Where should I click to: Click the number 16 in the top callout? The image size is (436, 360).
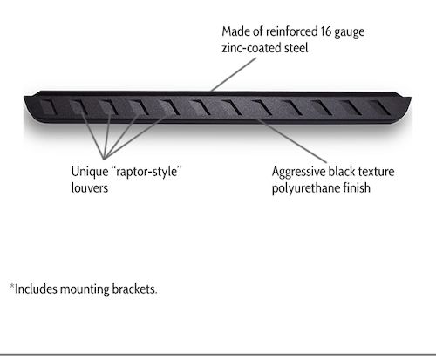[326, 31]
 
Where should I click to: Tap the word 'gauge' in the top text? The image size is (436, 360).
[350, 33]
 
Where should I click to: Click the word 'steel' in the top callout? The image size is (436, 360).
[296, 48]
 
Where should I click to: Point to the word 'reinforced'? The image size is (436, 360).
[292, 31]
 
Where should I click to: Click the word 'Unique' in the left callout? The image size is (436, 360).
[90, 172]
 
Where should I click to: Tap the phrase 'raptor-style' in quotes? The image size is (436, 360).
[146, 172]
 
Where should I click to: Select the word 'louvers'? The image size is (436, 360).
[90, 188]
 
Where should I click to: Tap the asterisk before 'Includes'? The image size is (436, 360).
[12, 286]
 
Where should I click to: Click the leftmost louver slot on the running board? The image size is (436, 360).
[50, 107]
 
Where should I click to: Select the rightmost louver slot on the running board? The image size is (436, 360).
[379, 107]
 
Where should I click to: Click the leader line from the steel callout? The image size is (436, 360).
[234, 75]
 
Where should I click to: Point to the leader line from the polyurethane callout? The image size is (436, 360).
[291, 140]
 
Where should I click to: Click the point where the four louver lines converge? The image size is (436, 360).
[105, 159]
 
